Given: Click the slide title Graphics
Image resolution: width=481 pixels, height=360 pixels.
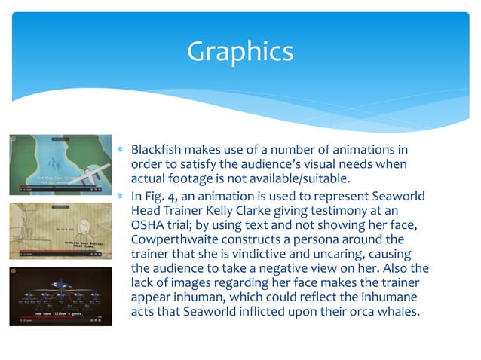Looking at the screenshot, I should tap(240, 51).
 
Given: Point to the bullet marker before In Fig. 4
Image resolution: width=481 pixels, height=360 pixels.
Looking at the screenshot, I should tap(119, 196).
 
